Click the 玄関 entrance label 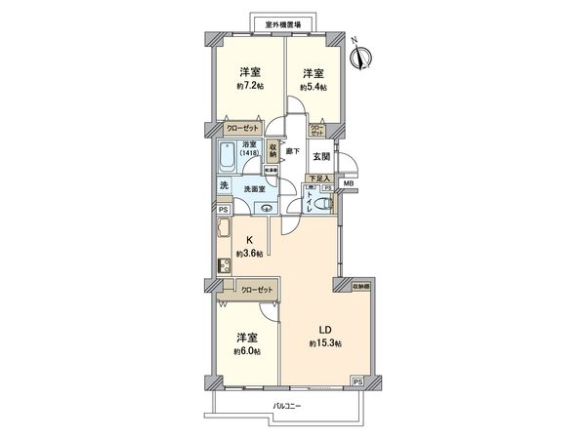(319, 155)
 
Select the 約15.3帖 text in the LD (325, 343)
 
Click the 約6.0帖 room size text (247, 350)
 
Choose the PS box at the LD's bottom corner (358, 381)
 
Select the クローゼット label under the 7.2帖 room (241, 128)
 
